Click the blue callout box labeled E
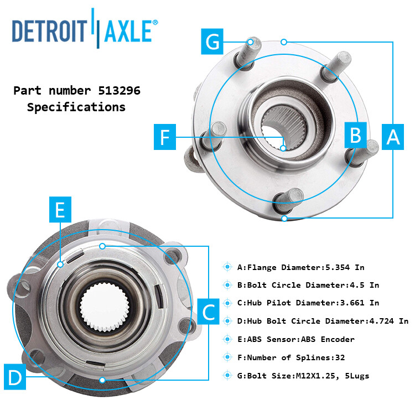pos(60,211)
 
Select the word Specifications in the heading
pos(76,107)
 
